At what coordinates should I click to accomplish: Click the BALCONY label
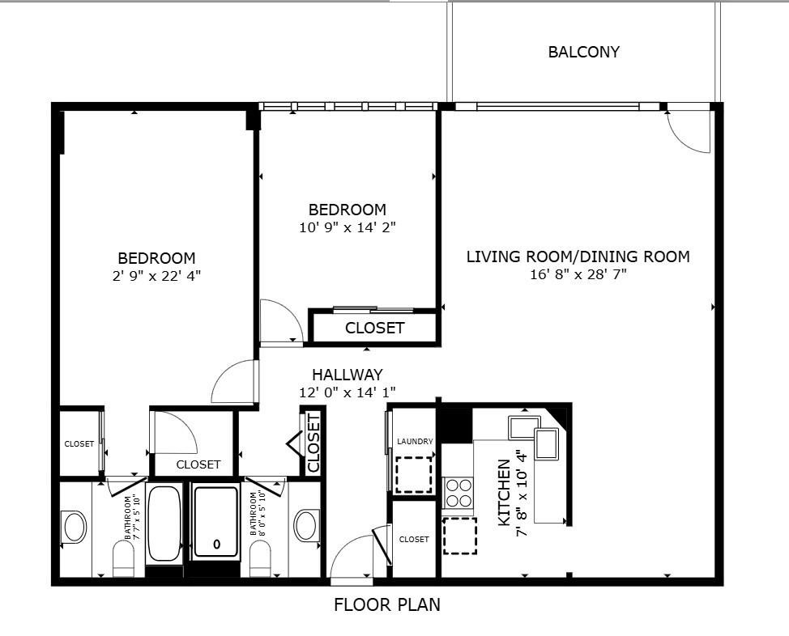(x=583, y=52)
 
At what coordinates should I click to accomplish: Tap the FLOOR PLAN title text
(x=387, y=604)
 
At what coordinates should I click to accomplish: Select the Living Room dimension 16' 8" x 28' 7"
(x=578, y=274)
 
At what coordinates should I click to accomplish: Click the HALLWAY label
(x=348, y=375)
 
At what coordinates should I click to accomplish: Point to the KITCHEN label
(x=504, y=493)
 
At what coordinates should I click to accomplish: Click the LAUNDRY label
(x=415, y=442)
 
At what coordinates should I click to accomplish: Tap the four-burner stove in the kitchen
(x=458, y=493)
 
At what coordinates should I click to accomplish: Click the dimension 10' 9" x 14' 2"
(x=348, y=227)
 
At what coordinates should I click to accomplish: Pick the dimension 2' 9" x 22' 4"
(x=156, y=275)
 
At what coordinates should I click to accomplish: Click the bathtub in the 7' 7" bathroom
(x=164, y=524)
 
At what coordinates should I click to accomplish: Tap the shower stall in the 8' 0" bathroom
(x=215, y=522)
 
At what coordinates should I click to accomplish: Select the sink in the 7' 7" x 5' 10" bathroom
(x=74, y=527)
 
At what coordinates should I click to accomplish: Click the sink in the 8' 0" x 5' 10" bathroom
(x=306, y=525)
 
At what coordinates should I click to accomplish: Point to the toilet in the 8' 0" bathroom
(x=260, y=558)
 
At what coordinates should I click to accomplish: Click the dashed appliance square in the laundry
(x=414, y=475)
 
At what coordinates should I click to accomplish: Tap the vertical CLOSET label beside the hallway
(x=313, y=443)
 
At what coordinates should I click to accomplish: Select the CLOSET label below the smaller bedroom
(x=375, y=329)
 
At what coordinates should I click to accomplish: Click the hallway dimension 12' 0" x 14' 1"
(x=348, y=392)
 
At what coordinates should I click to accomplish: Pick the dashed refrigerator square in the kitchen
(x=460, y=536)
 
